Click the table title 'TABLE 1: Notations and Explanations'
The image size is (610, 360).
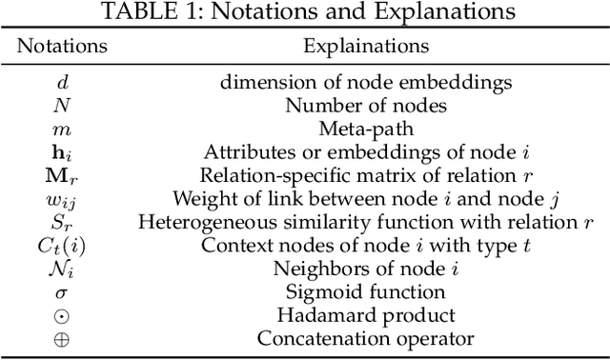click(305, 12)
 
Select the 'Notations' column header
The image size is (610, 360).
click(63, 46)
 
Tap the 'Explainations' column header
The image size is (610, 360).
click(366, 46)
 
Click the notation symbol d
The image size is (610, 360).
click(63, 83)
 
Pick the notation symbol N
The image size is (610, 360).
click(63, 106)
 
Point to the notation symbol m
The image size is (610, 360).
click(63, 129)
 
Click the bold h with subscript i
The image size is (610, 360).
click(63, 151)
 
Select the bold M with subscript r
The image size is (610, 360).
click(63, 175)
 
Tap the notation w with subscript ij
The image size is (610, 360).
click(63, 199)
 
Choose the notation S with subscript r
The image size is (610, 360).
click(63, 222)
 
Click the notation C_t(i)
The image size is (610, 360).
click(63, 245)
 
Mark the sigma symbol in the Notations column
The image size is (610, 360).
click(63, 291)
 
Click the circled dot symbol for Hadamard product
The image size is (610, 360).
click(63, 314)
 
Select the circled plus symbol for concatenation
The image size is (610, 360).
click(63, 338)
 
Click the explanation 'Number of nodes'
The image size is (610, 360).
click(366, 106)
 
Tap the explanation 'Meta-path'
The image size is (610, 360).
click(366, 129)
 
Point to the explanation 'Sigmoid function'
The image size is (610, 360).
click(366, 291)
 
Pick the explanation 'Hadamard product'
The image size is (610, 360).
click(366, 314)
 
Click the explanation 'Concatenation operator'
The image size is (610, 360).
click(366, 338)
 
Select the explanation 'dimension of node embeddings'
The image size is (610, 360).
click(366, 83)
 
